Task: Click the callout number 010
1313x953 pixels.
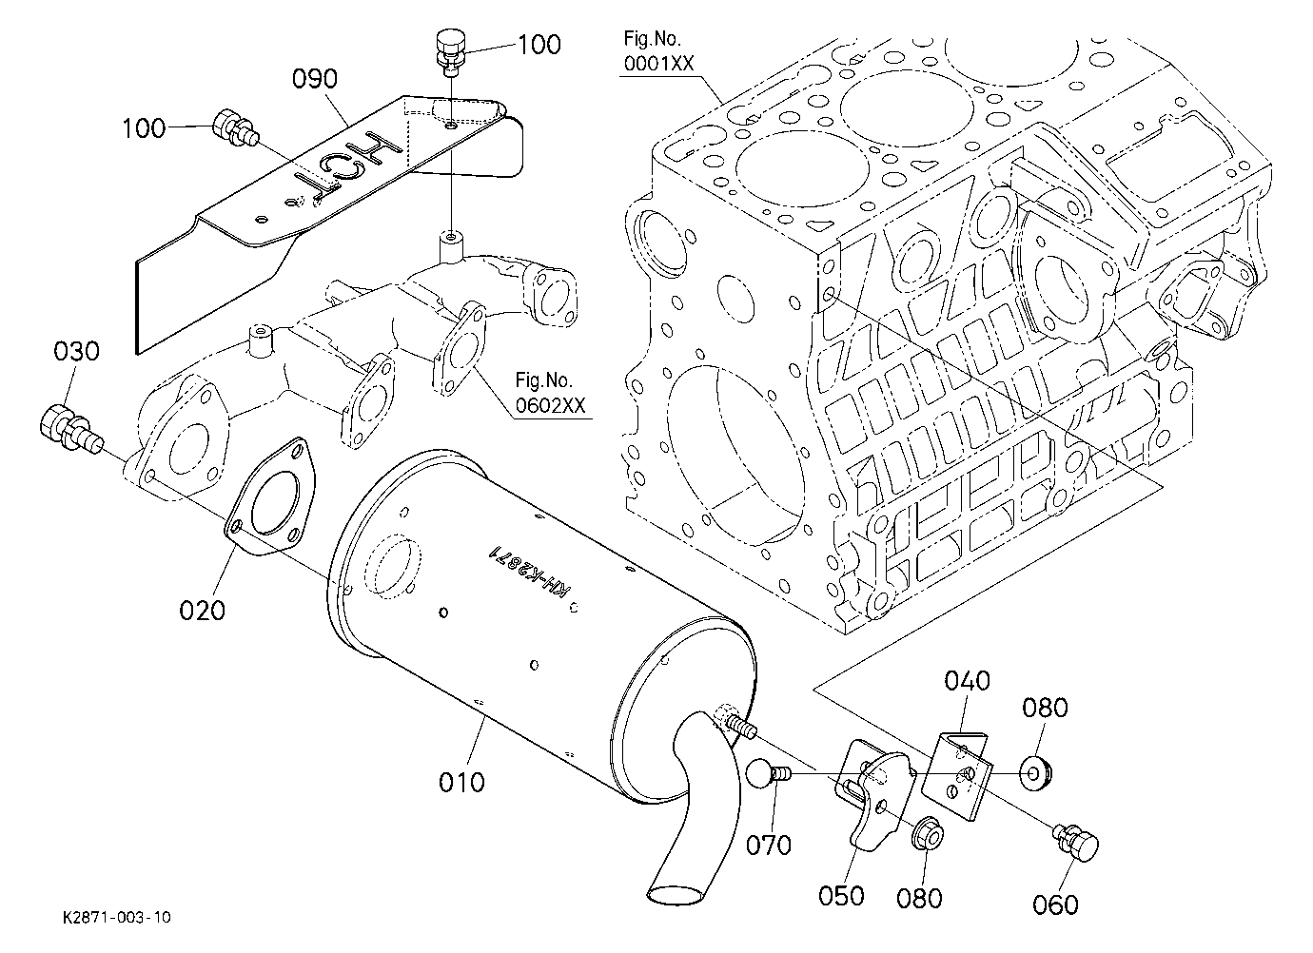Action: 461,783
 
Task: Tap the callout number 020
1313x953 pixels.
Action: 203,612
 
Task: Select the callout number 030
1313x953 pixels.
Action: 77,352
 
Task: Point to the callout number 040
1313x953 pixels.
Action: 968,680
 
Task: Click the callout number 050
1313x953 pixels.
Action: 841,896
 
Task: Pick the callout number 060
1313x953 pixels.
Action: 1056,904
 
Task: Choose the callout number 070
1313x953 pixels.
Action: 769,846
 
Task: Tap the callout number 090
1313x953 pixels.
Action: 315,79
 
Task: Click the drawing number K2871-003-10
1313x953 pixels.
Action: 117,918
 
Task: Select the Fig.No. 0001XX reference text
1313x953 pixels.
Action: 658,51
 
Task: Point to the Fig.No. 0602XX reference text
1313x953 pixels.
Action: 550,393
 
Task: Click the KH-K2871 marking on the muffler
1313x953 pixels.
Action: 529,572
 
